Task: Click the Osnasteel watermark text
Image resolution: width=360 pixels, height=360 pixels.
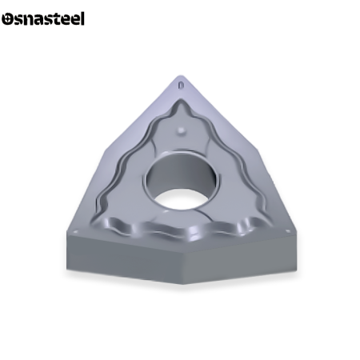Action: tap(42, 18)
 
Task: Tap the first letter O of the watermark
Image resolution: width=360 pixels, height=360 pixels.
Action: tap(7, 18)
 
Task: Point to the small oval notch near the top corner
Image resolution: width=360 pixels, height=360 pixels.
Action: tap(182, 82)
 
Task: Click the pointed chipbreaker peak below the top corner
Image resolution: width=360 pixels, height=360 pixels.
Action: tap(182, 112)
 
